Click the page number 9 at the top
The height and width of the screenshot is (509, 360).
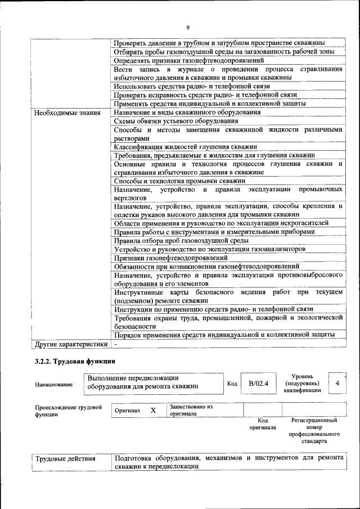[x=188, y=27]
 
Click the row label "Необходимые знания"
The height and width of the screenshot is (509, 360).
[x=67, y=112]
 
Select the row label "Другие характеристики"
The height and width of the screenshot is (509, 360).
[x=70, y=343]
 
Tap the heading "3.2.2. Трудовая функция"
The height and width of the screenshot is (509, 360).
[x=75, y=361]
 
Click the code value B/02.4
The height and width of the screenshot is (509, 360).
[x=259, y=384]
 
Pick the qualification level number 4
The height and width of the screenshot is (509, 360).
[x=337, y=383]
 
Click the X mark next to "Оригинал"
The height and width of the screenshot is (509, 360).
[x=153, y=411]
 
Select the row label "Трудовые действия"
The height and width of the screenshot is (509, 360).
[x=65, y=458]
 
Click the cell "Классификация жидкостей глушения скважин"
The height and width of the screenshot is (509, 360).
[x=177, y=146]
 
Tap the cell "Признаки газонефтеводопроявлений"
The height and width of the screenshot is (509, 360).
[x=167, y=257]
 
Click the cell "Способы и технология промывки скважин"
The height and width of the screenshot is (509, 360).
[x=179, y=181]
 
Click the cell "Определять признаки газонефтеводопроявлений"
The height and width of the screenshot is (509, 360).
[x=188, y=60]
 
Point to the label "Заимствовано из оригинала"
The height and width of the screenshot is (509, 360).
[x=191, y=409]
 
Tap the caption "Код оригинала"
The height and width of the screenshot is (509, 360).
[x=262, y=424]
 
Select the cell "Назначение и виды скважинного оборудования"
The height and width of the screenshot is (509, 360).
[x=187, y=112]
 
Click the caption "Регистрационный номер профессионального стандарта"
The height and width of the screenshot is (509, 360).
[x=314, y=431]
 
